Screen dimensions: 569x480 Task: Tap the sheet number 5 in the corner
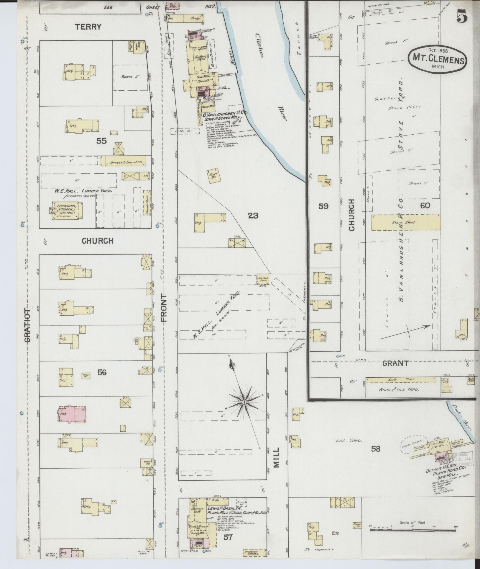(x=462, y=17)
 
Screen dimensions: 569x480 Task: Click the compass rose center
(x=244, y=402)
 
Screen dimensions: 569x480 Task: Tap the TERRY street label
(x=88, y=27)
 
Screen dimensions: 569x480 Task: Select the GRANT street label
(x=395, y=363)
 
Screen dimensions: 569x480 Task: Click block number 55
(x=101, y=141)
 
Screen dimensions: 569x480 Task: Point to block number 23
(x=253, y=216)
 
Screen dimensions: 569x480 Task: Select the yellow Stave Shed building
(x=406, y=222)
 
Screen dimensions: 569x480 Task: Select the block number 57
(x=228, y=537)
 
